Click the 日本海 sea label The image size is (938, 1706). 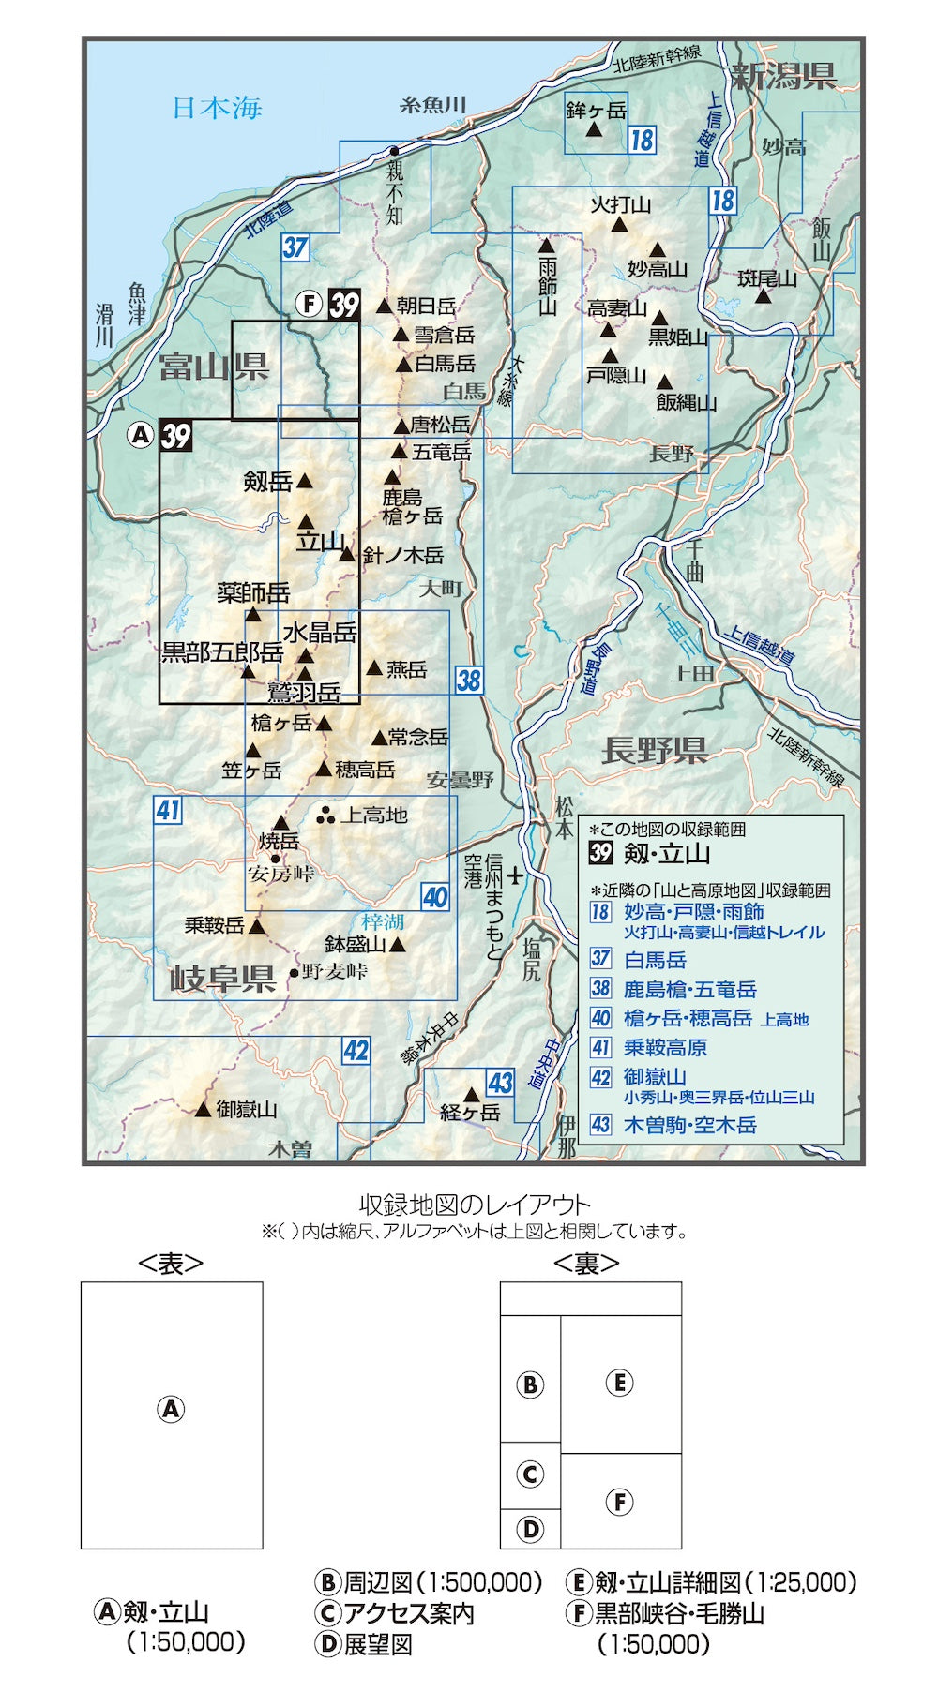217,108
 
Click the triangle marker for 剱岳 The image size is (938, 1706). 304,482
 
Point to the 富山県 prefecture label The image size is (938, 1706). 214,366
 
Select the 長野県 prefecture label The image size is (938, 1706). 654,750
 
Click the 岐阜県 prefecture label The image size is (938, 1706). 222,979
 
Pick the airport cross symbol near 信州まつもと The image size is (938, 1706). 515,877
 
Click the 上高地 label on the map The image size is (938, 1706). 374,816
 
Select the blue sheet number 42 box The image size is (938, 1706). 356,1051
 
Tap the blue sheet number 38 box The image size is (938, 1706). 469,680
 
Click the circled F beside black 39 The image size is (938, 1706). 310,305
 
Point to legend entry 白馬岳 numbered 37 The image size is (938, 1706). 655,960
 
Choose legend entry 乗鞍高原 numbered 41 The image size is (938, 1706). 665,1048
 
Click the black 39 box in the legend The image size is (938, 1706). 600,853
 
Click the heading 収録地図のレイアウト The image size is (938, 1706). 475,1205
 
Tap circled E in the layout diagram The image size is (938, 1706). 619,1383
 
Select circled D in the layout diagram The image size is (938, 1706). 530,1530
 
